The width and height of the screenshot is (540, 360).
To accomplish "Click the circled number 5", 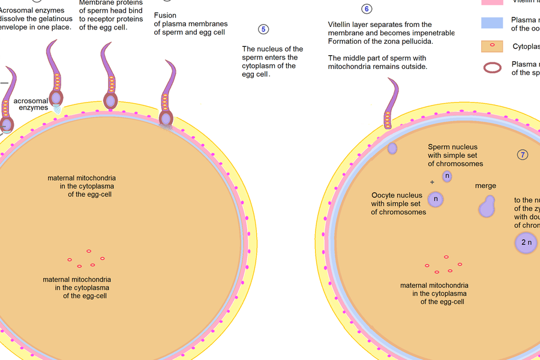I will [263, 29].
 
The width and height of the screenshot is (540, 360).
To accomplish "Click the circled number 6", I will [367, 9].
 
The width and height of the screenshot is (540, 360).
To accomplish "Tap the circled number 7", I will [523, 155].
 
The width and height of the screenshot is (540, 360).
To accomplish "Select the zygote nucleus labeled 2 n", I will [526, 242].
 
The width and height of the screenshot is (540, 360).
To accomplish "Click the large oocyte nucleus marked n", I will [436, 199].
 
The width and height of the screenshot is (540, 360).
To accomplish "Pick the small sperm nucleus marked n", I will [447, 176].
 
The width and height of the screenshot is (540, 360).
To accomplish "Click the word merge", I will [485, 186].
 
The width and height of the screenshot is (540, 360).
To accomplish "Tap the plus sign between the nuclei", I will [431, 182].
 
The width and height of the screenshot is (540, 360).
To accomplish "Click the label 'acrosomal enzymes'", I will [31, 104].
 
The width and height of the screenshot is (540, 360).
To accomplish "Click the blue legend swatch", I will [492, 23].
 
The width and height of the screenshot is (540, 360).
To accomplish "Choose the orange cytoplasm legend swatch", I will [492, 46].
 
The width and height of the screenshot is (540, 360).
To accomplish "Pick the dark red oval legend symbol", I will [492, 68].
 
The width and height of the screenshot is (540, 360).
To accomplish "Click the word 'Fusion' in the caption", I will [165, 16].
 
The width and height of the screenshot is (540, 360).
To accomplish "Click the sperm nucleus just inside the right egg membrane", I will [392, 148].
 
